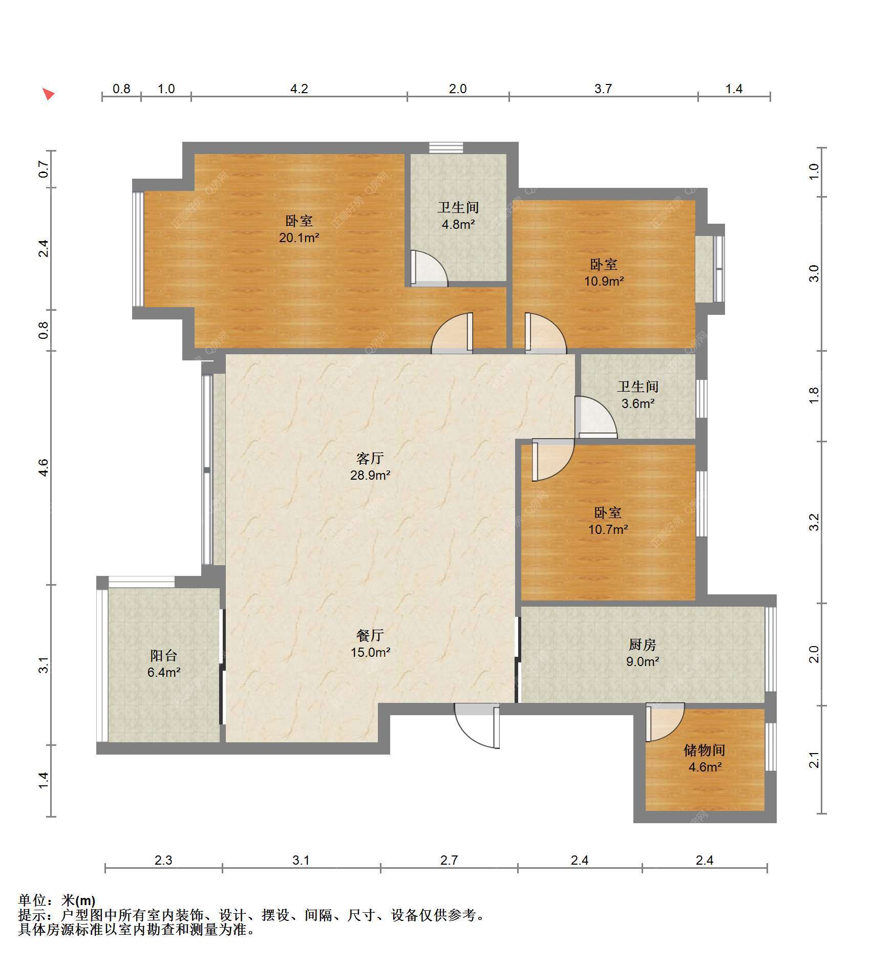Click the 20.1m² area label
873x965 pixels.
click(299, 238)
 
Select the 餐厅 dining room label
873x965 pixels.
click(370, 635)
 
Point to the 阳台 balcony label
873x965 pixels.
click(164, 655)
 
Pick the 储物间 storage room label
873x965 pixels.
click(705, 750)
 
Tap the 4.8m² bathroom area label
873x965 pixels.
click(458, 224)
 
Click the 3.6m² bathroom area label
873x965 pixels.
click(638, 403)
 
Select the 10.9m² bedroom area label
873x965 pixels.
click(604, 281)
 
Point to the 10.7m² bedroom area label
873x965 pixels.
click(608, 529)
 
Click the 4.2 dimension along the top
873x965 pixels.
click(299, 89)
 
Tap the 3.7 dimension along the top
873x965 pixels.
click(603, 89)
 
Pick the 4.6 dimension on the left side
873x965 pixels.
click(44, 467)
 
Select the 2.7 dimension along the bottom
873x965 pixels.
click(449, 860)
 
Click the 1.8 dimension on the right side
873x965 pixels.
click(814, 395)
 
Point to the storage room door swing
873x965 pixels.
click(665, 722)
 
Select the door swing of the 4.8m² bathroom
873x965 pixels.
click(429, 268)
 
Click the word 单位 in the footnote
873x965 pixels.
click(32, 900)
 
